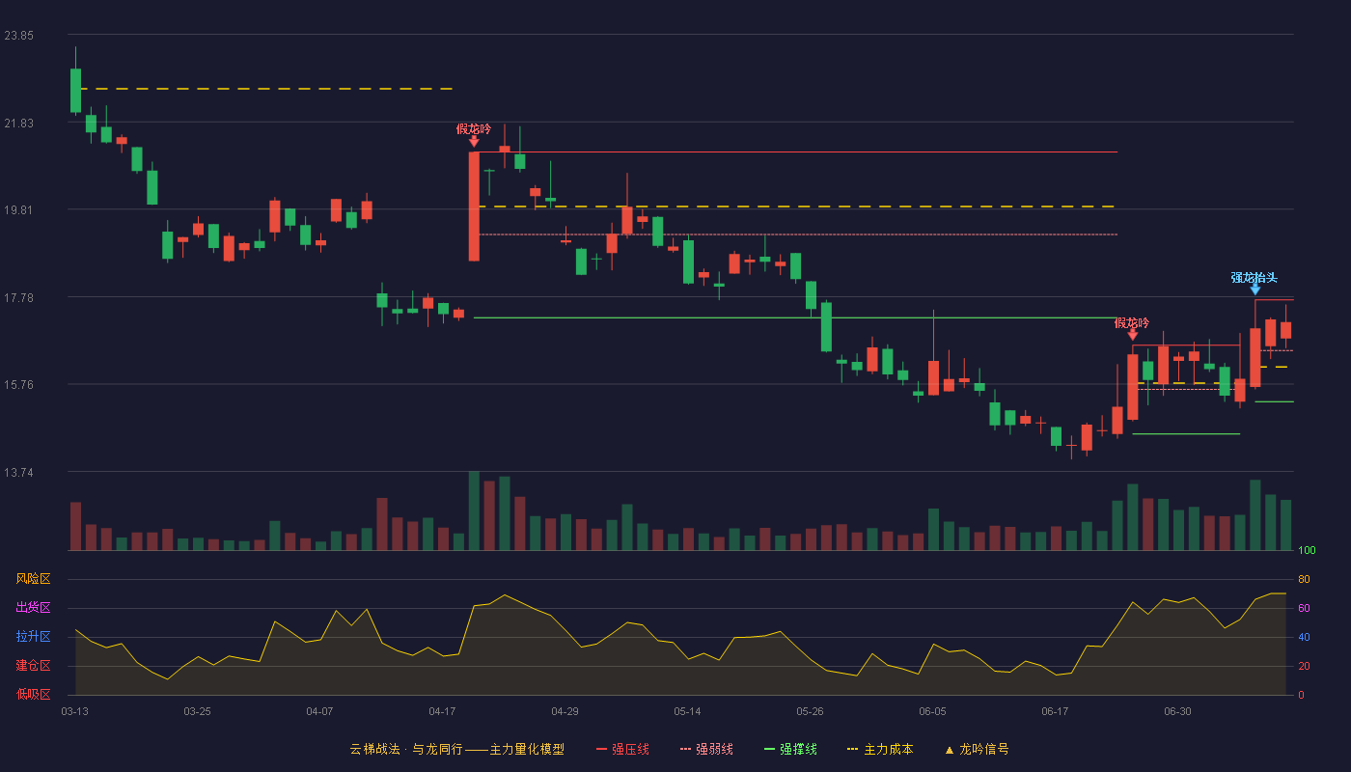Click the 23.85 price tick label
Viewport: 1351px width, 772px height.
(18, 36)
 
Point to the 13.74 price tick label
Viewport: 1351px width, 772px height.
(18, 472)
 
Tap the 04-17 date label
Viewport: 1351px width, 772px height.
(442, 712)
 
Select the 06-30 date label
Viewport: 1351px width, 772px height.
(1178, 712)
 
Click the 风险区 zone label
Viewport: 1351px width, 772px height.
(33, 579)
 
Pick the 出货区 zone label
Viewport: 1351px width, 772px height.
(33, 607)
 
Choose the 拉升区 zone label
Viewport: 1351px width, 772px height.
(33, 636)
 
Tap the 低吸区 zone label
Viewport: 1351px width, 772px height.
(33, 694)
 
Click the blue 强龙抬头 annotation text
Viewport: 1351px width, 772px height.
(1254, 278)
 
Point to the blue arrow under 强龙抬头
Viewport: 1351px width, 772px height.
(1255, 289)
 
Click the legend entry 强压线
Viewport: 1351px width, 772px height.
(622, 749)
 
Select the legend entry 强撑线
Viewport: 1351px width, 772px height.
(790, 749)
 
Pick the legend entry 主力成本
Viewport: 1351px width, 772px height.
(880, 749)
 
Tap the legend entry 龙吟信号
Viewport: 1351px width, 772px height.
(977, 749)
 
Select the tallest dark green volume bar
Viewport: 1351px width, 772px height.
(474, 510)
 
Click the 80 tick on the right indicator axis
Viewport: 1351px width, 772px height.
(1304, 579)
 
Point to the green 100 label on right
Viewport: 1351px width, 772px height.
(1307, 550)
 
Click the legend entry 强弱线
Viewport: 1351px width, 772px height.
(706, 749)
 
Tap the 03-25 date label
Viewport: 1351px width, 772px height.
(197, 712)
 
